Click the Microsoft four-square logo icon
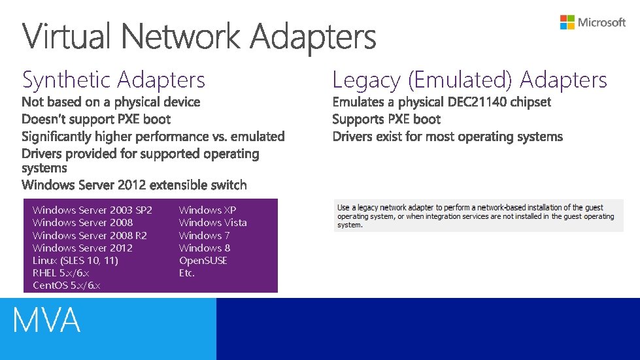coord(567,22)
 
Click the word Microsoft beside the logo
coord(601,22)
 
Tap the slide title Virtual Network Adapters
coord(199,37)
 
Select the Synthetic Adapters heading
coord(114,80)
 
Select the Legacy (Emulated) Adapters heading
coord(469,80)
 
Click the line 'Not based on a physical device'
coord(111,102)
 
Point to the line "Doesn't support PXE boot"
coord(96,119)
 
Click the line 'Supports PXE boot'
coord(386,119)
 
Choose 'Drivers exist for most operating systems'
coord(447,137)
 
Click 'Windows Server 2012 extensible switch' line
coord(134,185)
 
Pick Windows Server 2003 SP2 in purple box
coord(92,210)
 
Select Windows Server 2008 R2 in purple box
coord(90,235)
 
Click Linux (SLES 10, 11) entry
coord(75,260)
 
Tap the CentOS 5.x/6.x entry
coord(66,286)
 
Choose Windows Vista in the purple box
coord(212,222)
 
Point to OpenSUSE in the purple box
coord(203,260)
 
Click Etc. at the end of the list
coord(187,273)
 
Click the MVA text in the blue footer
coord(46,321)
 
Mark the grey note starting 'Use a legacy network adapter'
coord(475,216)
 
